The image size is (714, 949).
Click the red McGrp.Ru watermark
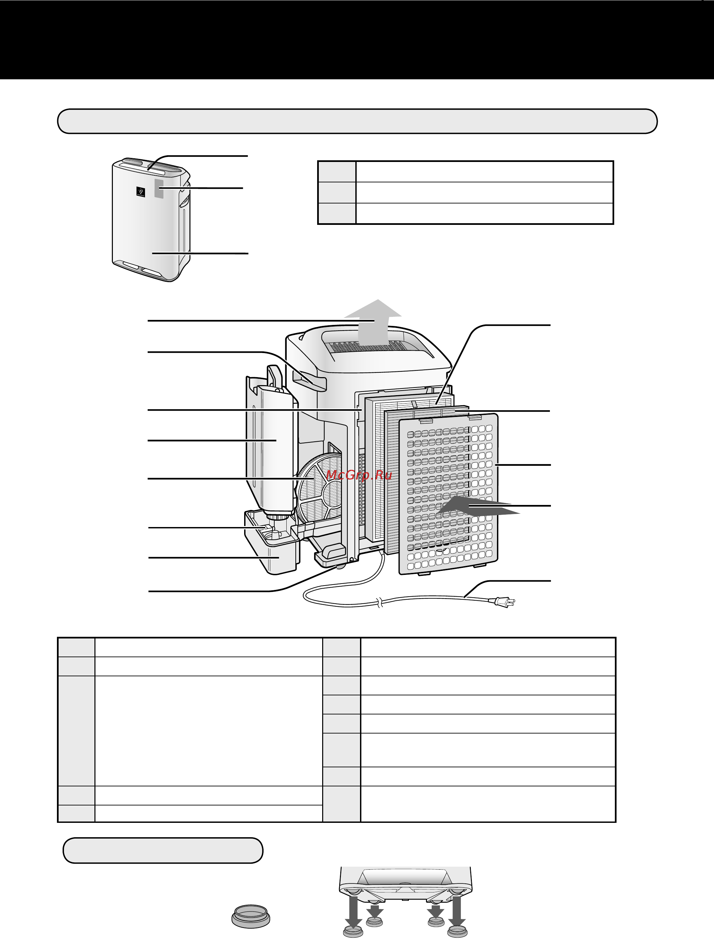pos(359,475)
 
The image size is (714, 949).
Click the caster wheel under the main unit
pos(341,566)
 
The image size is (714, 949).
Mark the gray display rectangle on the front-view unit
pos(158,188)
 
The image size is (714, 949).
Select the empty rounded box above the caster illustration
pos(163,850)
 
